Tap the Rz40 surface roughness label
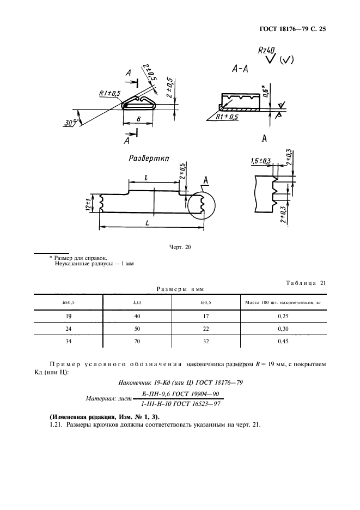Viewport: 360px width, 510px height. point(266,51)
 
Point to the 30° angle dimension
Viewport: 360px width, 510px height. point(70,123)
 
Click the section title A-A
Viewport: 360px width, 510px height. point(240,69)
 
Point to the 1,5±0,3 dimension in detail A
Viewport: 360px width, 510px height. point(261,161)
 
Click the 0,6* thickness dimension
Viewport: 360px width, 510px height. point(264,90)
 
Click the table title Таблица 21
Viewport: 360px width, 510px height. point(305,282)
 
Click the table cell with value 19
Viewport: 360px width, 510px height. point(68,317)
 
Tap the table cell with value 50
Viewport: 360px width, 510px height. point(137,329)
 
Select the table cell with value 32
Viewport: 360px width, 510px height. point(205,342)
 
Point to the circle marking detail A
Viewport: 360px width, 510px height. point(201,205)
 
